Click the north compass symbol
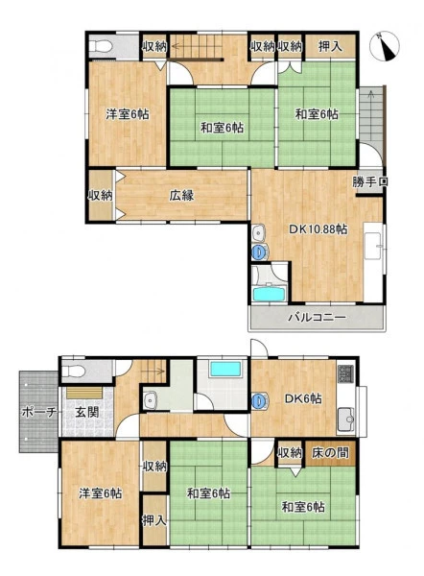click(384, 46)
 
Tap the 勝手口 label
click(370, 181)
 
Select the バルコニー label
click(317, 317)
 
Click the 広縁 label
click(181, 195)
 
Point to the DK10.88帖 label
click(318, 229)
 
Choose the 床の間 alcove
click(330, 452)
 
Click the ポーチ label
click(39, 412)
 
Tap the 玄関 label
click(87, 412)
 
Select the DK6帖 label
click(303, 398)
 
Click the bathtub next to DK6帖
click(225, 369)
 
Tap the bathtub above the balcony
click(270, 294)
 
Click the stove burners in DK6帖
click(345, 373)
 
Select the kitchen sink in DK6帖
click(345, 420)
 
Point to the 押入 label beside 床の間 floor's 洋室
click(154, 520)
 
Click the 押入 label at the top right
click(330, 46)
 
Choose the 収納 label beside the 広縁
click(100, 195)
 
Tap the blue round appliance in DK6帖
click(260, 400)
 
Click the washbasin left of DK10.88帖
click(259, 232)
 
